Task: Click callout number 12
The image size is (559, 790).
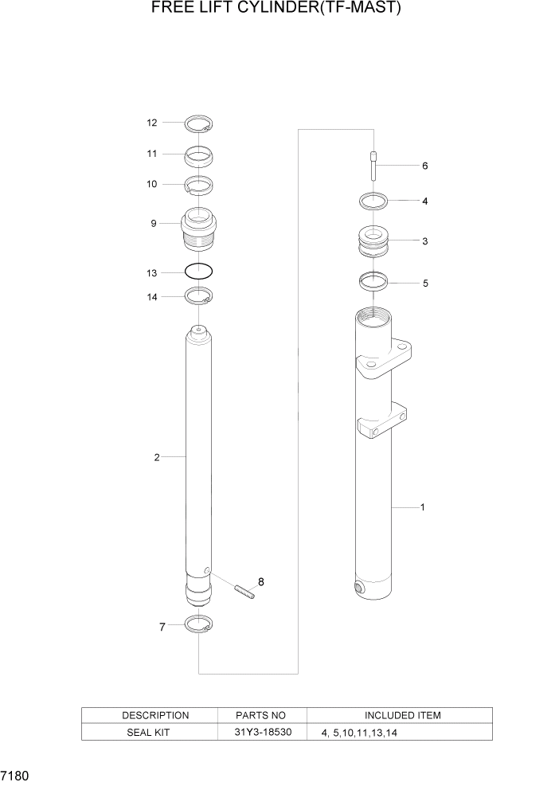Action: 151,123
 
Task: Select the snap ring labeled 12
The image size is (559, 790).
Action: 198,123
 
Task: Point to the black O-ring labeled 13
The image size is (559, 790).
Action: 198,272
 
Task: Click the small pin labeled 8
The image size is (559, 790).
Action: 244,593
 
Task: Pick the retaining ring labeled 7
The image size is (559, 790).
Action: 198,625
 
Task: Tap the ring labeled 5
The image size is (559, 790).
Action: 373,281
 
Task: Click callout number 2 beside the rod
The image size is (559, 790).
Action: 157,457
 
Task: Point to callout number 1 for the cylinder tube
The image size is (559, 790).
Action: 421,506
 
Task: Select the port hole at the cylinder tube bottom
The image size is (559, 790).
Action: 358,589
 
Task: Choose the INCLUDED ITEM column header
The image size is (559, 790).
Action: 402,715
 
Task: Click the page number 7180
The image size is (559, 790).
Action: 17,774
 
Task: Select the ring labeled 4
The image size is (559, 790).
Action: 373,201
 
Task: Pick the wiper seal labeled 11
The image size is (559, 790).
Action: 198,154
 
